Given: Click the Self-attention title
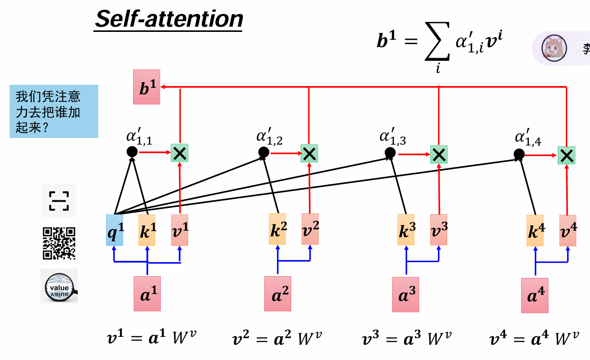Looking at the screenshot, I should (x=169, y=19).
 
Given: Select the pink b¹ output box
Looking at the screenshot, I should (x=147, y=87).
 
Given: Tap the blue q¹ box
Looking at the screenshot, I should (x=115, y=230).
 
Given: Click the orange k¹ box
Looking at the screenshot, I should (x=147, y=230).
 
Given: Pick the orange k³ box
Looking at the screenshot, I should (x=406, y=230).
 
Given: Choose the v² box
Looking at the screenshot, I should (x=310, y=229).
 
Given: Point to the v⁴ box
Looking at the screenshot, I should (x=568, y=230).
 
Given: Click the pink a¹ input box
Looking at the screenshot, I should (x=147, y=294).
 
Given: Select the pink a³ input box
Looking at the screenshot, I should (x=405, y=294).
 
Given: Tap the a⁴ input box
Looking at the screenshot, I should (x=535, y=295).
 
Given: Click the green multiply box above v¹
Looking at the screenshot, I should (x=179, y=153).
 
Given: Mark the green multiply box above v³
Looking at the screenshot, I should (x=438, y=154).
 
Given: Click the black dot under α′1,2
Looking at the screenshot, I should (x=263, y=152).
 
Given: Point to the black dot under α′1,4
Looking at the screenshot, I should (x=519, y=154).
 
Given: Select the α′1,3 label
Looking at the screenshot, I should (x=393, y=136).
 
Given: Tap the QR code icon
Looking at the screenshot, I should (x=59, y=243).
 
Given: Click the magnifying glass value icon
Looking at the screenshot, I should (x=59, y=286).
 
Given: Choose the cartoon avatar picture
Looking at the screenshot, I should (x=554, y=47).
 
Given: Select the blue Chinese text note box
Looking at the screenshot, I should (x=54, y=111).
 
